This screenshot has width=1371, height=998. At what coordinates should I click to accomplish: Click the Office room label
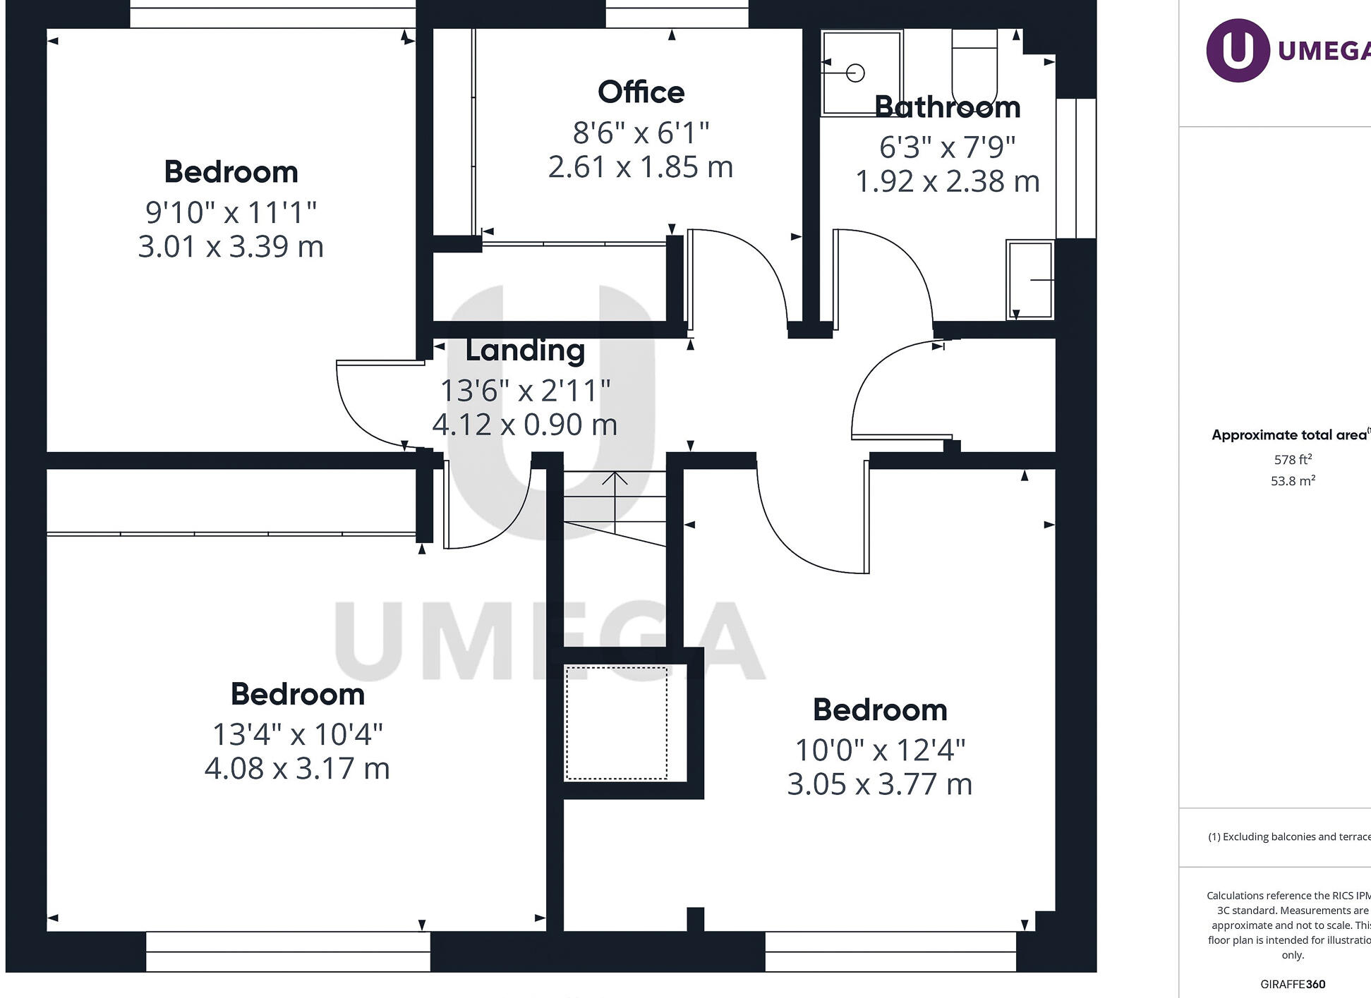coord(641,92)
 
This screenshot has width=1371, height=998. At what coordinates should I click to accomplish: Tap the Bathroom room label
coord(947,107)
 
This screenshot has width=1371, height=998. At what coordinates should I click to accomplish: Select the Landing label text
coord(525,351)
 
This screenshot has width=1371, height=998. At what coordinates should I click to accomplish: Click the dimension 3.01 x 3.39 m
coord(231,247)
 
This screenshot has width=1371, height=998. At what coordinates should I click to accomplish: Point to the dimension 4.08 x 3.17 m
coord(297,769)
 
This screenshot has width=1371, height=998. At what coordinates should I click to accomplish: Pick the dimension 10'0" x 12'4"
coord(880,750)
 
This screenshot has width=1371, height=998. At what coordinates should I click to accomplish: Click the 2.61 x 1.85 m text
coord(641,168)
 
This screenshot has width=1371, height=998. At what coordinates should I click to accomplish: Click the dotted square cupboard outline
coord(616,723)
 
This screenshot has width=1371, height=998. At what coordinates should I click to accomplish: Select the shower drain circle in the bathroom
coord(855,73)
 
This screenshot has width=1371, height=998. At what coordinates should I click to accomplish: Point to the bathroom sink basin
coord(1030,280)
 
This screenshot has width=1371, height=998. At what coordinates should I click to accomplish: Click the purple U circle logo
coord(1238,50)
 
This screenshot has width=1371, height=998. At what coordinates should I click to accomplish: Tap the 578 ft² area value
coord(1293,460)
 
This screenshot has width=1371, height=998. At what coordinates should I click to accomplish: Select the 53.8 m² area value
coord(1293,481)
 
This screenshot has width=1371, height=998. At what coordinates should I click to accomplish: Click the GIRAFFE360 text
coord(1293,984)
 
